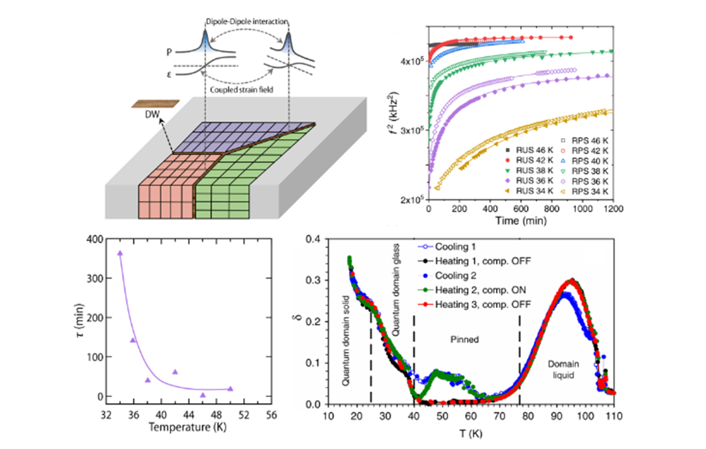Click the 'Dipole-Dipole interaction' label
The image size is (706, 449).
247,22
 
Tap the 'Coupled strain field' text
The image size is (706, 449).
242,90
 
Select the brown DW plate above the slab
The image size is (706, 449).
155,104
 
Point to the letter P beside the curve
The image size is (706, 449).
169,52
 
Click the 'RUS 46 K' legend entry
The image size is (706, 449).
529,150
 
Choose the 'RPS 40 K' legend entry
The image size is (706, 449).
585,161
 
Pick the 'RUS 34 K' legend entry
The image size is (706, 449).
529,191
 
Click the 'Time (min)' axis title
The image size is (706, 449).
521,221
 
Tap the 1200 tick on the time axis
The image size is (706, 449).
613,209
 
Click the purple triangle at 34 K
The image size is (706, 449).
120,253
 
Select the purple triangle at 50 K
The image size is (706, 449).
231,389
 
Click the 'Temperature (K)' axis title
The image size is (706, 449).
188,427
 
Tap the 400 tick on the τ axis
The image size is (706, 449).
95,240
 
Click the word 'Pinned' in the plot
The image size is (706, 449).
465,339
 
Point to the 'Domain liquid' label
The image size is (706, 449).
563,370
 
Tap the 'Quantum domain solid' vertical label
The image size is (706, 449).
346,341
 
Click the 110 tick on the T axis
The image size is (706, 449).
614,416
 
